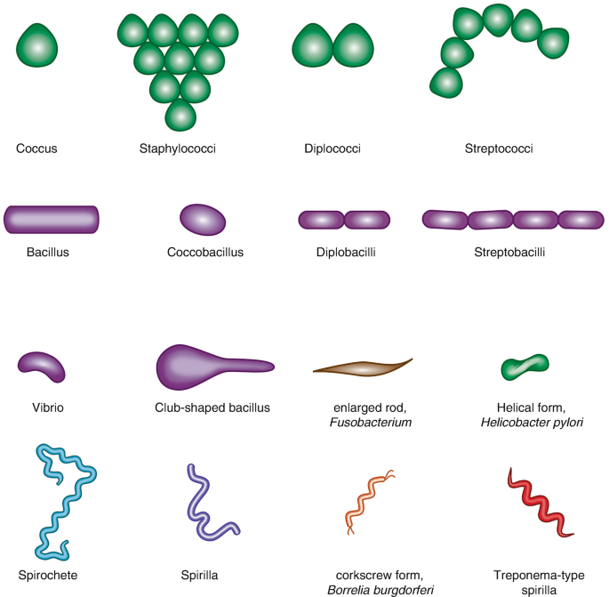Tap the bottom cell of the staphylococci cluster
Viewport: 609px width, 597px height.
pyautogui.click(x=180, y=114)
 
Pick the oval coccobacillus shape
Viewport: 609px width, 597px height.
pyautogui.click(x=203, y=219)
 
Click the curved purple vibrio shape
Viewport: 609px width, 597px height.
pyautogui.click(x=43, y=366)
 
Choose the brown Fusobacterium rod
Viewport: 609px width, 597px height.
pyautogui.click(x=362, y=367)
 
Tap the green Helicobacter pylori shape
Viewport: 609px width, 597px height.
pyautogui.click(x=525, y=366)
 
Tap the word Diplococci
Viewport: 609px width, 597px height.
pyautogui.click(x=333, y=149)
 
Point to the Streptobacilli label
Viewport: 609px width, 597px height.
pyautogui.click(x=510, y=252)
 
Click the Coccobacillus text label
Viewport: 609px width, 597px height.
pyautogui.click(x=205, y=252)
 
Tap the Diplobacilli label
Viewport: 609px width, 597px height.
pyautogui.click(x=346, y=252)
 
